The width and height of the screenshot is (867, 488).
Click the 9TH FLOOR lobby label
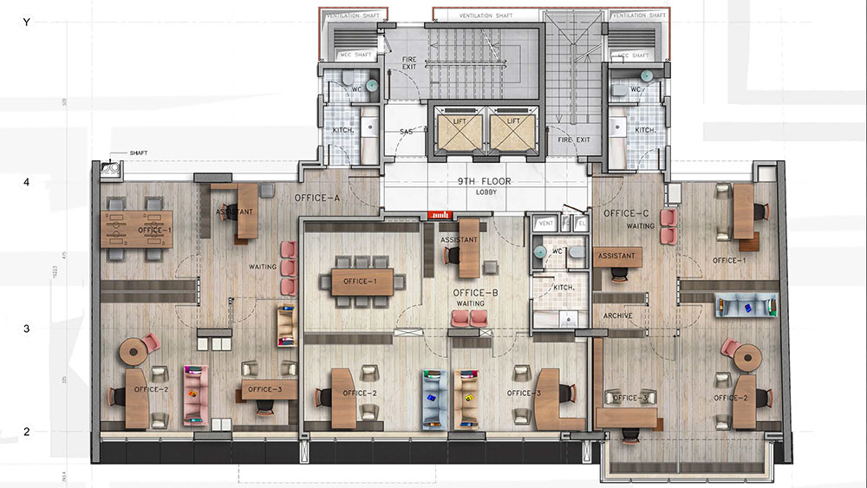coord(486,182)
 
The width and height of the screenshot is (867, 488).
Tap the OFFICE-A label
coord(317,198)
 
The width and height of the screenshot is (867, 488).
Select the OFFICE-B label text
coord(475,293)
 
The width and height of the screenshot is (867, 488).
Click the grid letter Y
coord(27,23)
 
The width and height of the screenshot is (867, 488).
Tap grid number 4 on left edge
coord(27,183)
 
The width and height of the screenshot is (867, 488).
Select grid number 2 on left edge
coord(27,431)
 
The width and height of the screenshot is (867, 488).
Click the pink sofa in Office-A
coord(196,397)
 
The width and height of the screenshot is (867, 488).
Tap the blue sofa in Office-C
coord(743,304)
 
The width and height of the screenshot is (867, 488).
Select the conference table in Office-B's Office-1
coord(362,281)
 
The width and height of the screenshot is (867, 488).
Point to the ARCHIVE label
coord(616,316)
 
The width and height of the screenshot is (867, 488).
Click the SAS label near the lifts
coord(405,131)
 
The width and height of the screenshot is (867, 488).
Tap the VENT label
coord(545,224)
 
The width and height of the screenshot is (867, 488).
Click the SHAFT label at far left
coord(138,153)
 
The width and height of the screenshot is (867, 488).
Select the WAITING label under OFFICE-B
coord(470,304)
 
